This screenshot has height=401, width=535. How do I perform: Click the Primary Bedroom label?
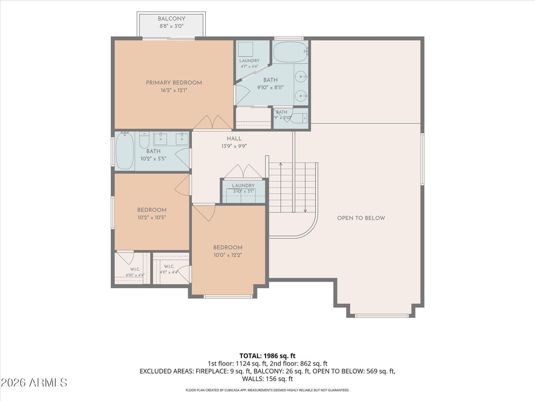point(174,83)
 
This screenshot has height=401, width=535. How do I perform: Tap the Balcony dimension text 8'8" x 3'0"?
point(171,26)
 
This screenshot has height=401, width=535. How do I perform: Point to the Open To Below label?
point(361,218)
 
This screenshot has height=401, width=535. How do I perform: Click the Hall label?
point(234,139)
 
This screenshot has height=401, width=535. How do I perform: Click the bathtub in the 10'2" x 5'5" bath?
point(124,151)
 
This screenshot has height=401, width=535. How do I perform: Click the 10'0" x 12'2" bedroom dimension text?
point(228,255)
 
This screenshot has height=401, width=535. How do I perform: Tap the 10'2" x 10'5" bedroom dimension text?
point(152,218)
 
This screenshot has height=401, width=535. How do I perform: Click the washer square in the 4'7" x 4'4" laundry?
point(245,49)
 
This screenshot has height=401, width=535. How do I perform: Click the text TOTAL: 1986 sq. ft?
point(267,356)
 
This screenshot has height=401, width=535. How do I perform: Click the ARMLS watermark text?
point(34,383)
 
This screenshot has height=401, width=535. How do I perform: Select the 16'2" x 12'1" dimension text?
point(174,90)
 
